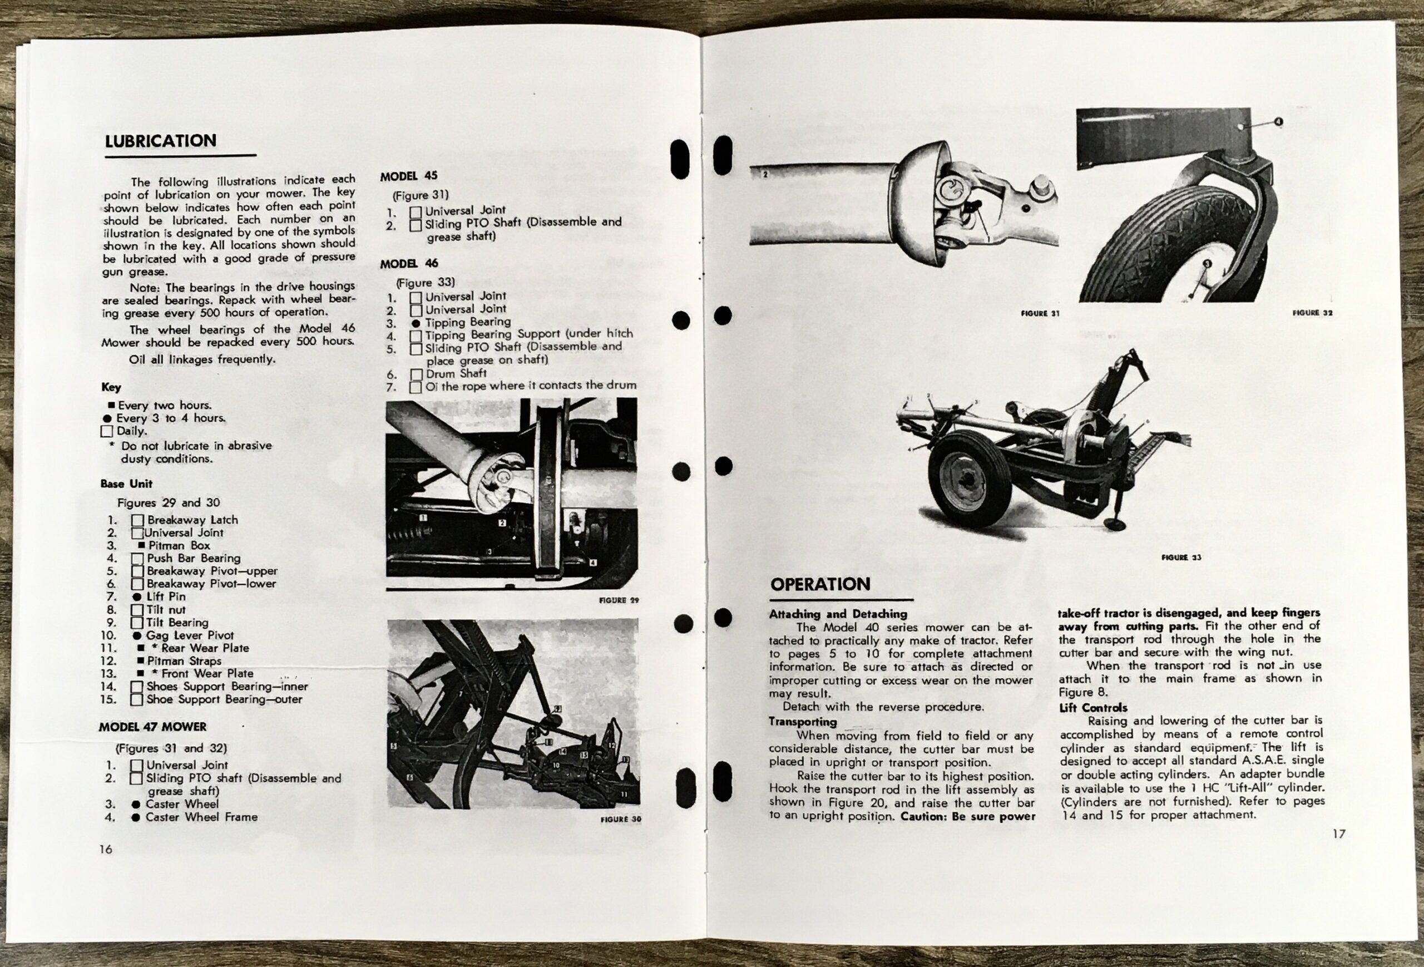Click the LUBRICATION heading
coord(161,141)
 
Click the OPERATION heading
coord(820,584)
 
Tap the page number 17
coord(1338,833)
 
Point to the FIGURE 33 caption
coord(1181,557)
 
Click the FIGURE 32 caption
coord(1312,313)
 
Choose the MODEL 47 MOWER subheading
coord(152,727)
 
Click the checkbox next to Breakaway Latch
coord(137,520)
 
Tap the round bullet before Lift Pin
coord(137,597)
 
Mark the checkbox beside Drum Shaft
coord(416,374)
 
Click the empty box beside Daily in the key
coord(107,431)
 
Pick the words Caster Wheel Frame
coord(201,817)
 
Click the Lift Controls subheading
coord(1093,708)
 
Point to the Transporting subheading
coord(803,722)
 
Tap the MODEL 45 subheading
coord(409,176)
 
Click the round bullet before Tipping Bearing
coord(416,323)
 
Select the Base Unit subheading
coord(126,483)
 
